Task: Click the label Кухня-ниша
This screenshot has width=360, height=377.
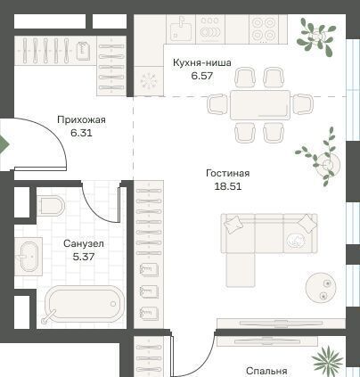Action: click(x=202, y=63)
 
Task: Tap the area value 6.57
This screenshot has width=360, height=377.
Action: click(x=202, y=76)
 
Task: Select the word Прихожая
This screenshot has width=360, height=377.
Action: click(x=81, y=120)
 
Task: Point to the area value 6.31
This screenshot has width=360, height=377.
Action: click(x=81, y=133)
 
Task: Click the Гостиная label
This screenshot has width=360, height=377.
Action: click(x=228, y=173)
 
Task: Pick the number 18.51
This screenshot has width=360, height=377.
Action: click(x=228, y=186)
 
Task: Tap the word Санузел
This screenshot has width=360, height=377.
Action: click(x=84, y=243)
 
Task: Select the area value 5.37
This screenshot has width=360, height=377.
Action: click(x=84, y=257)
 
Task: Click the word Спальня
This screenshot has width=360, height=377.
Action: click(x=266, y=371)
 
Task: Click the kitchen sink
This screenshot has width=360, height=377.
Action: click(x=181, y=29)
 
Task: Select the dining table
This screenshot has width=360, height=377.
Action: click(x=260, y=105)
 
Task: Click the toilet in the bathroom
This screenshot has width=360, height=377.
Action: click(x=52, y=206)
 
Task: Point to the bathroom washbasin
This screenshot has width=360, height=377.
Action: click(x=29, y=257)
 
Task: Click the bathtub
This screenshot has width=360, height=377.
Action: click(x=84, y=304)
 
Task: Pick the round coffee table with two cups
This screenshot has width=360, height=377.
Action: click(x=321, y=287)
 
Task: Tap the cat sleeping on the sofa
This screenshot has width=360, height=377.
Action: click(x=296, y=240)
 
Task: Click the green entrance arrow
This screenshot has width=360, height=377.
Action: click(x=4, y=144)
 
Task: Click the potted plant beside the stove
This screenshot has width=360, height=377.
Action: click(x=316, y=37)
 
